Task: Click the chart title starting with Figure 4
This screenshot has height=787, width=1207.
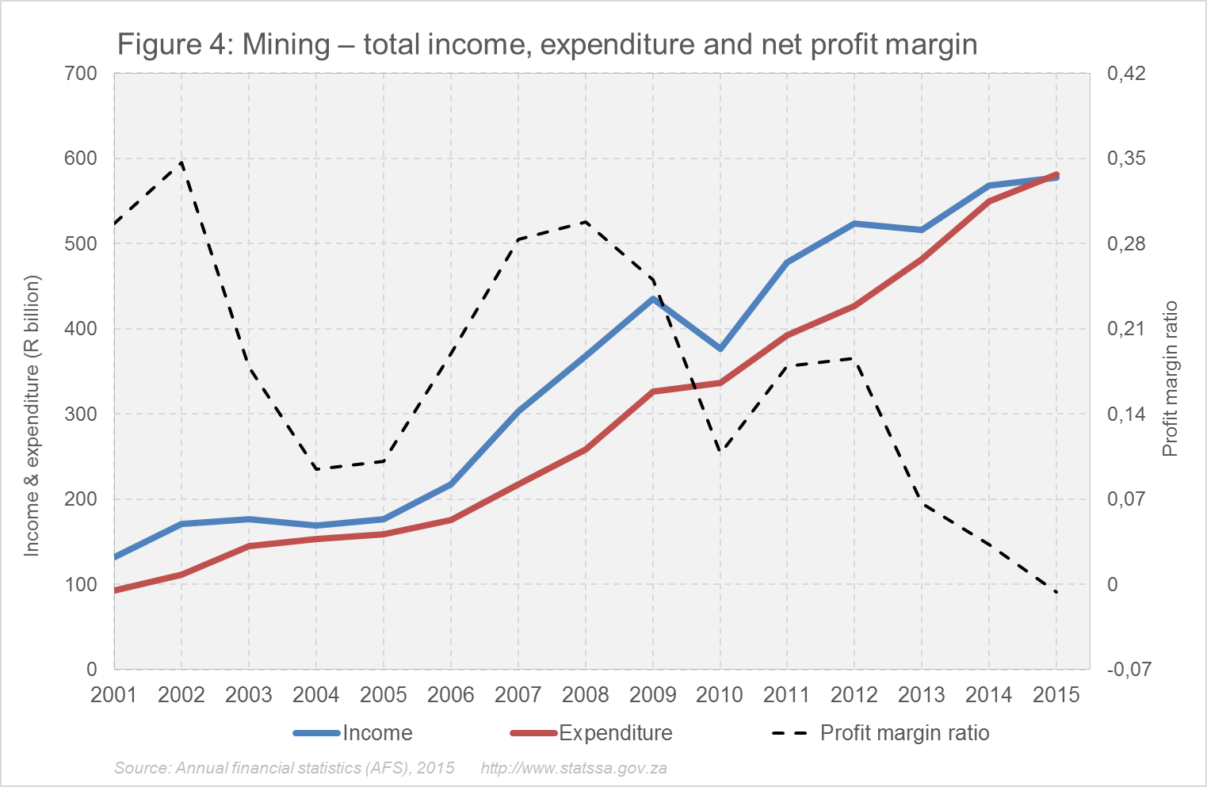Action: (547, 44)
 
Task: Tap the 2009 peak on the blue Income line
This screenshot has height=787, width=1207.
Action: (653, 299)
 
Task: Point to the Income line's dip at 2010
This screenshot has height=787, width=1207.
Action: (720, 349)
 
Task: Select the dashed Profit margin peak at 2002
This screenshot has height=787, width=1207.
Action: (181, 162)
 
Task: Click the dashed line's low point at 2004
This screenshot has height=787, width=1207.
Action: (316, 468)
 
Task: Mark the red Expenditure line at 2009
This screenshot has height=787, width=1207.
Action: (653, 392)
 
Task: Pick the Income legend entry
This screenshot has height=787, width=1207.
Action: (353, 733)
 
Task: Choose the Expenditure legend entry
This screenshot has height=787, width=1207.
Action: (591, 733)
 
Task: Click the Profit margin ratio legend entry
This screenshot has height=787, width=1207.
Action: (880, 733)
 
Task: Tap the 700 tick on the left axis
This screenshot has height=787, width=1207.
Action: (80, 74)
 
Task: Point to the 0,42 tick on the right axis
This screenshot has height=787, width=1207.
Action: (1126, 74)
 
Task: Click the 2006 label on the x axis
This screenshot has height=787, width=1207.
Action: (450, 695)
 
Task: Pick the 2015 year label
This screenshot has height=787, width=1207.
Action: (1056, 695)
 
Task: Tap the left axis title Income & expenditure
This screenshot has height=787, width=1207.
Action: (32, 415)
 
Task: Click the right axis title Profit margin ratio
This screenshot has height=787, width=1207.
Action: (1171, 379)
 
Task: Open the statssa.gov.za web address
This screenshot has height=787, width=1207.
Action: (573, 768)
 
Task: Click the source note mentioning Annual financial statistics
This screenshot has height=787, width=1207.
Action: (285, 768)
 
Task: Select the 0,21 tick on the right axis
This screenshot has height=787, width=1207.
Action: (1126, 329)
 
